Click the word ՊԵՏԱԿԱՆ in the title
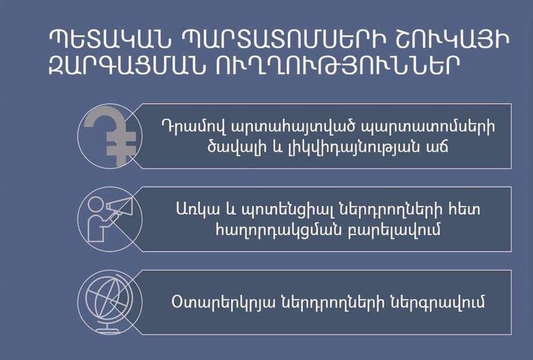[x=109, y=40]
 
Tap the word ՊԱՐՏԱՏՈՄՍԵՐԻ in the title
[x=284, y=40]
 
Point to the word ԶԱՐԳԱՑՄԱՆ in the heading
[x=127, y=65]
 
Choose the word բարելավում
[x=394, y=229]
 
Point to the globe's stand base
[x=107, y=329]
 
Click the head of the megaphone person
[x=96, y=205]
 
